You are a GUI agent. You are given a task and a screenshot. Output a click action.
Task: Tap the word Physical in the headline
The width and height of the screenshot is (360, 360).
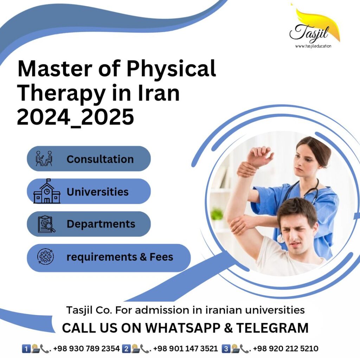pyautogui.click(x=171, y=69)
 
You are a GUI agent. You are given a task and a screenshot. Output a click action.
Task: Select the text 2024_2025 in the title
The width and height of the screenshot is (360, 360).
pyautogui.click(x=76, y=117)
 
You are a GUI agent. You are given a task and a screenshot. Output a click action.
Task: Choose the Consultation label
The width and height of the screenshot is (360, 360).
pyautogui.click(x=100, y=159)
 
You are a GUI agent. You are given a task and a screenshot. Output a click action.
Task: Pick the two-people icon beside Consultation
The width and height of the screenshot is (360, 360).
pyautogui.click(x=44, y=159)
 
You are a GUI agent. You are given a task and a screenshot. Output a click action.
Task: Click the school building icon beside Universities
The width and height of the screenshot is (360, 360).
pyautogui.click(x=47, y=192)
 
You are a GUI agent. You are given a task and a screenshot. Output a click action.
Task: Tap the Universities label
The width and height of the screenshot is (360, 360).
pyautogui.click(x=97, y=192)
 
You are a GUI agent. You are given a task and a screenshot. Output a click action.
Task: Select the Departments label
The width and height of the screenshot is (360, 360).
pyautogui.click(x=101, y=224)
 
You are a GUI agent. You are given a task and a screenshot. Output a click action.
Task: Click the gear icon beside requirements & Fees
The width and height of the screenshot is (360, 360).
pyautogui.click(x=46, y=257)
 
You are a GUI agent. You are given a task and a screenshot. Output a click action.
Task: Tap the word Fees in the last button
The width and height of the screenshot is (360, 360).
pyautogui.click(x=161, y=257)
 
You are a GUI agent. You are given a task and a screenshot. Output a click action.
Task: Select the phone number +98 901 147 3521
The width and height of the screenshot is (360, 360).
pyautogui.click(x=185, y=349)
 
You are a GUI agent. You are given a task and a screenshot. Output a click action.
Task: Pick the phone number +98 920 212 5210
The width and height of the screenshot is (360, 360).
pyautogui.click(x=285, y=349)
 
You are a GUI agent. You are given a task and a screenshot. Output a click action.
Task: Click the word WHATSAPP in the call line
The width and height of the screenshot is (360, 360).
pyautogui.click(x=183, y=328)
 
